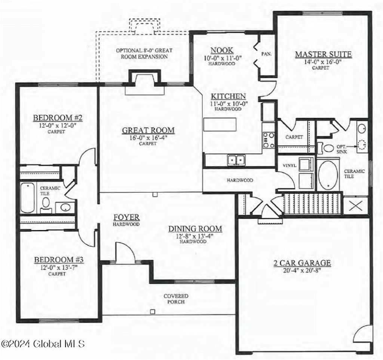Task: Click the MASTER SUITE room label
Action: tap(323, 55)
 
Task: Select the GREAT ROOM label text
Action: tap(148, 130)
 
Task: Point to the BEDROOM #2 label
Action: tap(58, 119)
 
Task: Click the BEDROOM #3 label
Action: tap(58, 260)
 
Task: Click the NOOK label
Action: tap(222, 51)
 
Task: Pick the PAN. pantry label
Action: tap(266, 54)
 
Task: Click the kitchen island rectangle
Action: tap(220, 124)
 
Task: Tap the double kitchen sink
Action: tap(236, 160)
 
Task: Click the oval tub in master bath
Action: tap(328, 175)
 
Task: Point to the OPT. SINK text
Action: tap(342, 149)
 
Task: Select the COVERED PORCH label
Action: tap(176, 299)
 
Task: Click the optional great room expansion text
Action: tap(141, 54)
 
